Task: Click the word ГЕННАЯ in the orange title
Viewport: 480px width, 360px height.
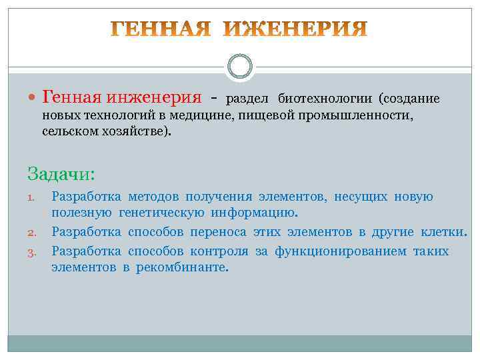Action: click(x=161, y=29)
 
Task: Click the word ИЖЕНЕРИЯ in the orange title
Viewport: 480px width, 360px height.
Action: click(x=295, y=29)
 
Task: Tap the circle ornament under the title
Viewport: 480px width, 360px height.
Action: click(x=239, y=67)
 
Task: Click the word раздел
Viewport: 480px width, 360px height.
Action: click(x=247, y=99)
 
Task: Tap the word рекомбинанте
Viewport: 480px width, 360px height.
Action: click(x=183, y=267)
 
